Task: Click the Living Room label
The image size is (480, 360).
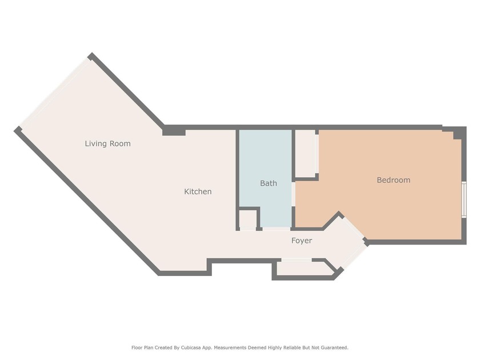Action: (107, 143)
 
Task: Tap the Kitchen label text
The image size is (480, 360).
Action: (198, 191)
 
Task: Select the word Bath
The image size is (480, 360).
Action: (269, 183)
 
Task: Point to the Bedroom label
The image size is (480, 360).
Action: (393, 180)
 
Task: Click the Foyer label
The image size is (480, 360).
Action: (302, 241)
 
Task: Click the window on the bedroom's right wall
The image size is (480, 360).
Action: (464, 199)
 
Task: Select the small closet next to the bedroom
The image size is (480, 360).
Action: (306, 153)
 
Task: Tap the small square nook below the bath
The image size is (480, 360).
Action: (247, 219)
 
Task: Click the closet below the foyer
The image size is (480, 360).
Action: (303, 269)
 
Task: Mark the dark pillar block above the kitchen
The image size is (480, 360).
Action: (174, 131)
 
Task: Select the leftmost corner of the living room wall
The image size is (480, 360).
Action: (17, 130)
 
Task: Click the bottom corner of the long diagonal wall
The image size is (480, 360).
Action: (159, 273)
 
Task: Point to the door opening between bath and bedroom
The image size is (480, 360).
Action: (294, 194)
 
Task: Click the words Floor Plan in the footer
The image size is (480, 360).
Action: (142, 347)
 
